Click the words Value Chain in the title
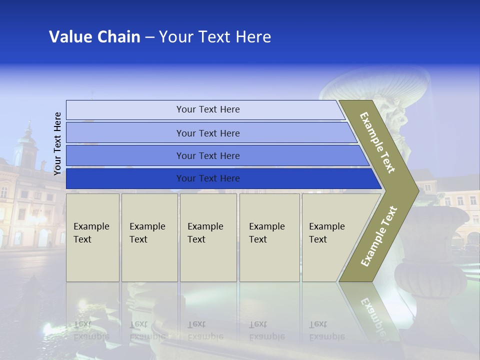click(x=94, y=37)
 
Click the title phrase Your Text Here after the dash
click(x=215, y=37)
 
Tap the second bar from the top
click(x=207, y=133)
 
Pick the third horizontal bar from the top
click(x=207, y=155)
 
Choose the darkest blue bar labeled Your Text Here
click(x=207, y=178)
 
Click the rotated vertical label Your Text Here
click(x=57, y=143)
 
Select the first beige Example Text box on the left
click(x=92, y=237)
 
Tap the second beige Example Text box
click(x=149, y=237)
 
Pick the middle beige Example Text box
click(x=208, y=237)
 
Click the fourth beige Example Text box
click(x=269, y=237)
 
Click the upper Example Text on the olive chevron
click(x=377, y=142)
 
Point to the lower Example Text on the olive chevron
click(x=378, y=236)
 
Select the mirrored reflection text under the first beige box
click(x=91, y=330)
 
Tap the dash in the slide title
click(x=149, y=37)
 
